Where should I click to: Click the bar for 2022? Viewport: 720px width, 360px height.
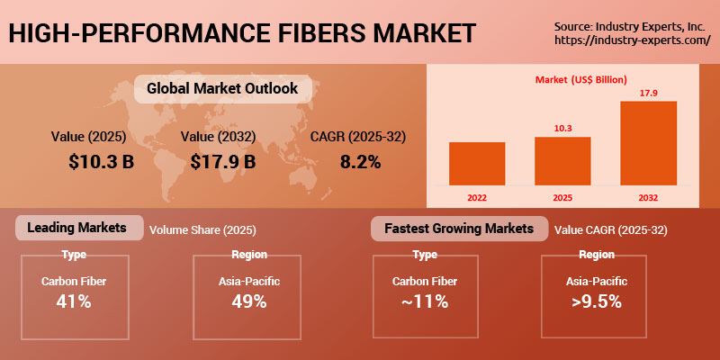tap(476, 163)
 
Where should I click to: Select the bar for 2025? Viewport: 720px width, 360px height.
tap(562, 160)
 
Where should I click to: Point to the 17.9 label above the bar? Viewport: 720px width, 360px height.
tap(648, 93)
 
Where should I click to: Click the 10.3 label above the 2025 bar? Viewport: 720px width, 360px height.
tap(562, 129)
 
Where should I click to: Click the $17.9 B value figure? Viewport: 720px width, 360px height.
tap(223, 162)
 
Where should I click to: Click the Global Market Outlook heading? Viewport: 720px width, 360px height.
tap(221, 89)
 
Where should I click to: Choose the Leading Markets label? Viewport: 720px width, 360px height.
tap(78, 228)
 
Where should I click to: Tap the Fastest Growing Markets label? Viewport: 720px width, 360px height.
tap(458, 229)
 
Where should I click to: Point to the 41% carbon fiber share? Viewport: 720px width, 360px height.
tap(73, 301)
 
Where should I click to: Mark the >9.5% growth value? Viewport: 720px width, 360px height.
tap(597, 301)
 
